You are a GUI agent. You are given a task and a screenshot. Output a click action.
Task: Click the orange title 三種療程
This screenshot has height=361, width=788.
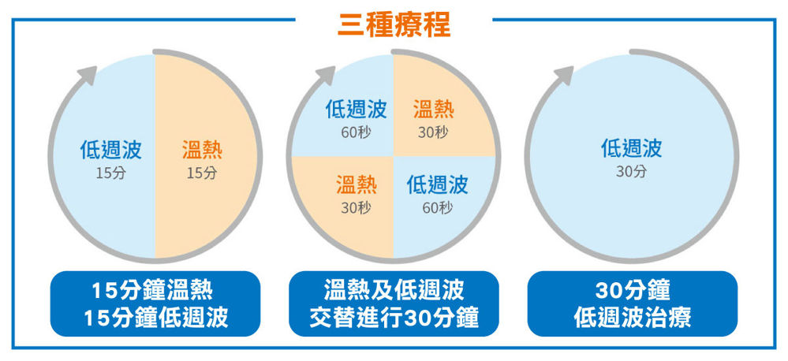click(x=394, y=24)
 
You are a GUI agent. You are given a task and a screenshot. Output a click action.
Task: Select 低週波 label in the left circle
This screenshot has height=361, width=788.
click(x=111, y=150)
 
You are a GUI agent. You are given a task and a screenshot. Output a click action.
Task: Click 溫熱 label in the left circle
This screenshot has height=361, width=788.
click(x=202, y=151)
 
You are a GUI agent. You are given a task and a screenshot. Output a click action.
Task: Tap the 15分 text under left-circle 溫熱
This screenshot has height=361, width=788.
click(x=202, y=173)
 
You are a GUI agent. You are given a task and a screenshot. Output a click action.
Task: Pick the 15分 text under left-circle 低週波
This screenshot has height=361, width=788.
click(x=111, y=173)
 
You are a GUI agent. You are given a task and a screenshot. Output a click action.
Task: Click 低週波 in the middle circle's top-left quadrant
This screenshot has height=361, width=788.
click(x=357, y=109)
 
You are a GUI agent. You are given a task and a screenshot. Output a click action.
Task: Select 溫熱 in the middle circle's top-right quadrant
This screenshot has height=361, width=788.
click(x=434, y=109)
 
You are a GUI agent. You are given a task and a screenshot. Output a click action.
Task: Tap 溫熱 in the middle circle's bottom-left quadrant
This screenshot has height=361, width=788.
click(x=357, y=184)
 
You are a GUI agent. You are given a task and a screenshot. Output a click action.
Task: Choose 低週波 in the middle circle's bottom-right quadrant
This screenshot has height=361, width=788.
click(x=437, y=184)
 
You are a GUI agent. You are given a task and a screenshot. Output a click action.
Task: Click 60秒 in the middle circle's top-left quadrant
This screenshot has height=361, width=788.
click(x=357, y=132)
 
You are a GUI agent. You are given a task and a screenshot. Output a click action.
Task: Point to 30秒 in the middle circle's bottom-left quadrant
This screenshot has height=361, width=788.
click(x=357, y=207)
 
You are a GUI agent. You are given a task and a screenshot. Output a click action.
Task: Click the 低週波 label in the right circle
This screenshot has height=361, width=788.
click(x=632, y=148)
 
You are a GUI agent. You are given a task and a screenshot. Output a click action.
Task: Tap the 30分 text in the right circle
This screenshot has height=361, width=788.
click(x=632, y=172)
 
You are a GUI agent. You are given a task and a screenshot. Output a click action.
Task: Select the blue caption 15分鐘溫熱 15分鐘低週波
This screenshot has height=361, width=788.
click(x=155, y=303)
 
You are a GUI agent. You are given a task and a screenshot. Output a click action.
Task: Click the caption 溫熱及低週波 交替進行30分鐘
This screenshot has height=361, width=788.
click(x=394, y=303)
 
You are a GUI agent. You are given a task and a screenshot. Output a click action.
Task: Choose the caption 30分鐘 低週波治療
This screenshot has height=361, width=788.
click(x=632, y=303)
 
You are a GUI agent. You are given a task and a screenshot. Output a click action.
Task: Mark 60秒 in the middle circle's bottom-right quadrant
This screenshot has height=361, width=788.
click(x=437, y=207)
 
